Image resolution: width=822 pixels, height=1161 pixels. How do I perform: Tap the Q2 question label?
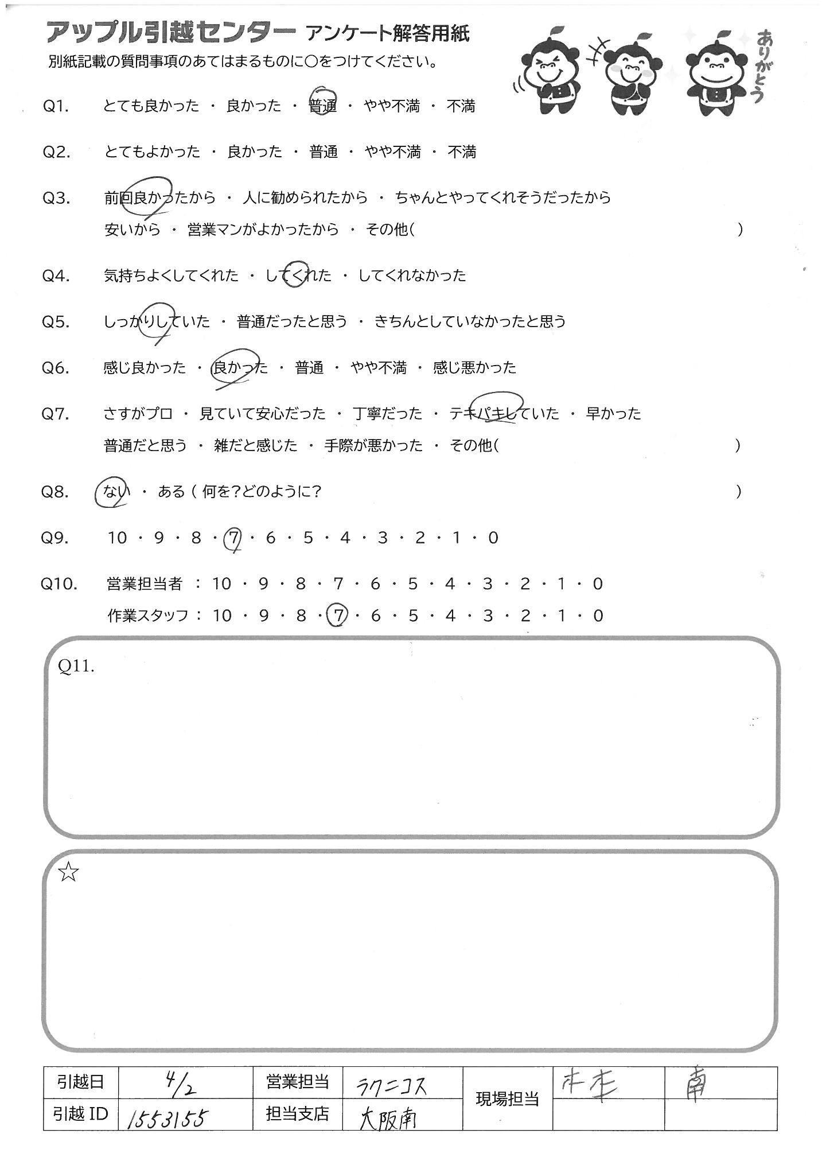tap(56, 153)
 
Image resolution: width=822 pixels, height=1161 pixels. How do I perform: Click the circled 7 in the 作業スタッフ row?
tap(338, 616)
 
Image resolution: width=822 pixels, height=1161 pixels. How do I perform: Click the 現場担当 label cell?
tap(507, 1099)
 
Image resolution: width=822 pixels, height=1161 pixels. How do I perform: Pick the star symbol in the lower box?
tap(68, 873)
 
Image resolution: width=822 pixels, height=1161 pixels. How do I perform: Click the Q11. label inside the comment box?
tap(76, 666)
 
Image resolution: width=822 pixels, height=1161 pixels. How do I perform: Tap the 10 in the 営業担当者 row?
tap(221, 584)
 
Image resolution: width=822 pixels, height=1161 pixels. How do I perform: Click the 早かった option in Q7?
tap(613, 414)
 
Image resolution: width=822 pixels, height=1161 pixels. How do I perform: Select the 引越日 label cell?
tap(80, 1083)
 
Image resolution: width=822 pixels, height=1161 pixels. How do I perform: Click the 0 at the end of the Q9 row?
tap(493, 538)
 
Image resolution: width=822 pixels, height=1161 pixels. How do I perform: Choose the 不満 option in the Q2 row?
tap(462, 152)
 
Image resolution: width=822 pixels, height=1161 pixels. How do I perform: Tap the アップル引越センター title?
tap(170, 33)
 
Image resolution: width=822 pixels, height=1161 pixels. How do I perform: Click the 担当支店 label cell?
tap(297, 1115)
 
